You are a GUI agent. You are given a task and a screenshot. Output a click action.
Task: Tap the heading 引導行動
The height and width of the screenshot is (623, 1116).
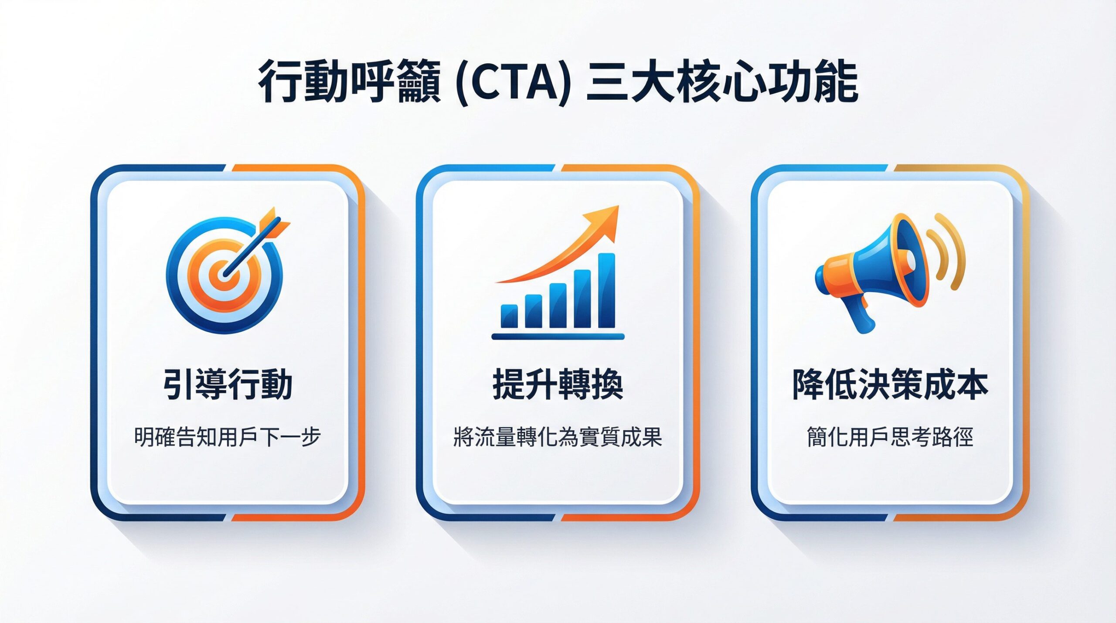pyautogui.click(x=228, y=385)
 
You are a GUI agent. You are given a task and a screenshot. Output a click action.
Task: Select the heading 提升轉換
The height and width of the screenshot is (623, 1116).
pyautogui.click(x=558, y=385)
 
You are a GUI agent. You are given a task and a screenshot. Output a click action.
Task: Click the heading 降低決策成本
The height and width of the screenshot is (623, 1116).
pyautogui.click(x=890, y=385)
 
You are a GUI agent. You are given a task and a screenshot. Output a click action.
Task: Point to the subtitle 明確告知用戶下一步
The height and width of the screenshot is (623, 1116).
pyautogui.click(x=228, y=437)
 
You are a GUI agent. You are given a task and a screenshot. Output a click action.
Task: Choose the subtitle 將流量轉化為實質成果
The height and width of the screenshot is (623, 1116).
pyautogui.click(x=558, y=437)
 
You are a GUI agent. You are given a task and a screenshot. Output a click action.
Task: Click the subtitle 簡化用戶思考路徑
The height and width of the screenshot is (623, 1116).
pyautogui.click(x=890, y=437)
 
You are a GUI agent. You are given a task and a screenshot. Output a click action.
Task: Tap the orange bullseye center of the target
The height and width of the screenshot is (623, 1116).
pyautogui.click(x=223, y=276)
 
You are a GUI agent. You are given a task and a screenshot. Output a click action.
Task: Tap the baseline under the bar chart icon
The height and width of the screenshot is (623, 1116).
pyautogui.click(x=558, y=336)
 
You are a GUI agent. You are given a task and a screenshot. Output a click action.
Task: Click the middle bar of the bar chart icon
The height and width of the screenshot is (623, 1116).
pyautogui.click(x=558, y=305)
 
